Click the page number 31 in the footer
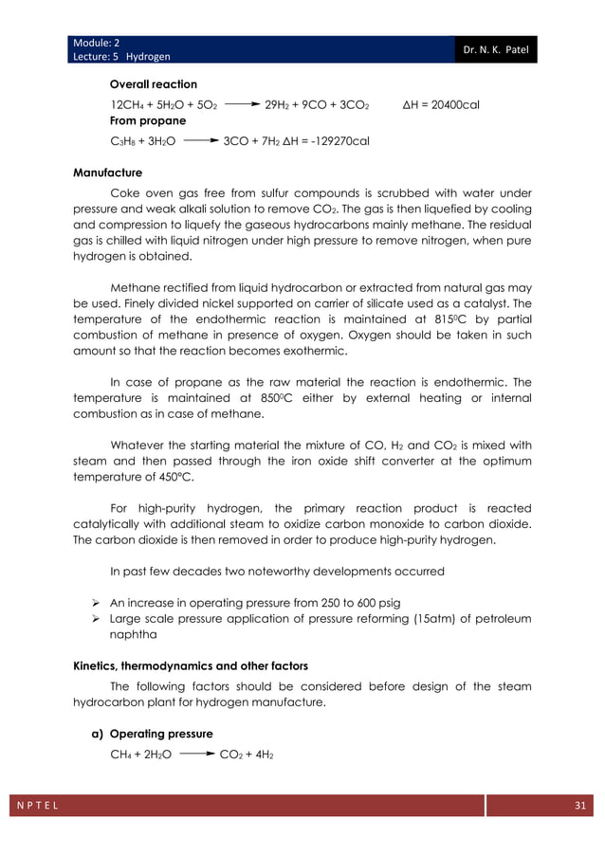(x=579, y=805)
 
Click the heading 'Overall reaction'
(x=154, y=84)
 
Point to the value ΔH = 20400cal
(x=441, y=103)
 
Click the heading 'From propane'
(x=148, y=121)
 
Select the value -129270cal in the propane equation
(x=336, y=141)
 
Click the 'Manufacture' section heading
(x=107, y=173)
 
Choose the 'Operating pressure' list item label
(x=166, y=734)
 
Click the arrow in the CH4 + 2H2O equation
(x=194, y=755)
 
